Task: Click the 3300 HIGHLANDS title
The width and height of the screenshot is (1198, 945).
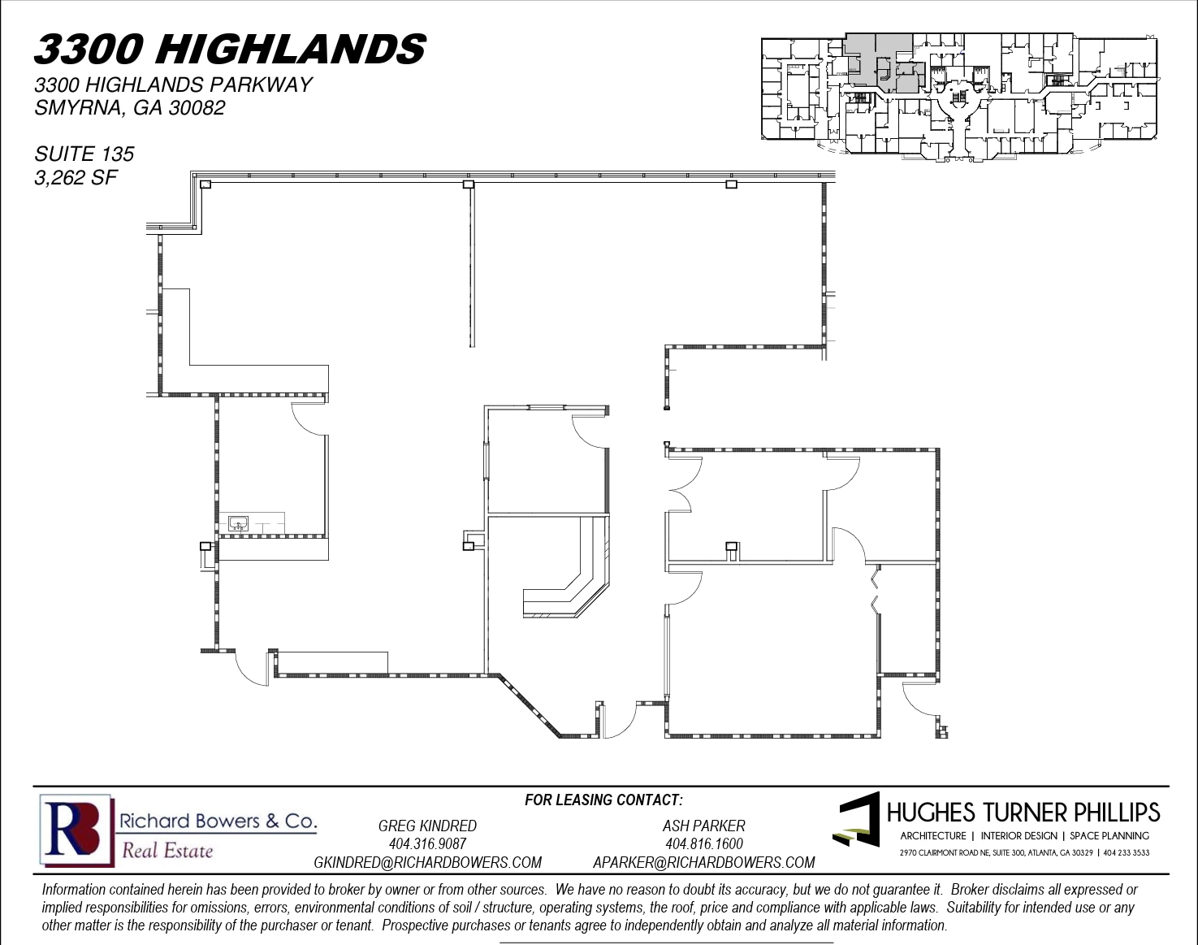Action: coord(230,49)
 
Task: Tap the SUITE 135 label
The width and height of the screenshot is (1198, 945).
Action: coord(84,154)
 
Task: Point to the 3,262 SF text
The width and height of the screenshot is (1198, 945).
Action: coord(76,177)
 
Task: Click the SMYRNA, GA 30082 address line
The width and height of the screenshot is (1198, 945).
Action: coord(130,107)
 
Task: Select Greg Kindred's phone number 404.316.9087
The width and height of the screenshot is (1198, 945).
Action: coord(427,844)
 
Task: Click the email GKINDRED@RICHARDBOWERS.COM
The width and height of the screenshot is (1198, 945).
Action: coord(427,862)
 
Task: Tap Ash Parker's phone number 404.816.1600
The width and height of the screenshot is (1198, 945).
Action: coord(703,844)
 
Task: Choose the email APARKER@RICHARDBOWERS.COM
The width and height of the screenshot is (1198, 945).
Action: coord(703,862)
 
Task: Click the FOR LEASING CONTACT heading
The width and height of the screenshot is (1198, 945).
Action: coord(603,800)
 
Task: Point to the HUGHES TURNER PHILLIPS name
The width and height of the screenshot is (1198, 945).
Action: coord(1023,813)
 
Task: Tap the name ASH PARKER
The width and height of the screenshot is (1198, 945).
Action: coord(703,826)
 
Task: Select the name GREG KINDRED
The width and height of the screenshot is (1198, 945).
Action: coord(427,826)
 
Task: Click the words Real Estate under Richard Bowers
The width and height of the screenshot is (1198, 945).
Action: coord(167,851)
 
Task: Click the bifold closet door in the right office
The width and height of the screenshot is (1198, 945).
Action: coord(875,591)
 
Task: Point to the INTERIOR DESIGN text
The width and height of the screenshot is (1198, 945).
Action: coord(1019,835)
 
